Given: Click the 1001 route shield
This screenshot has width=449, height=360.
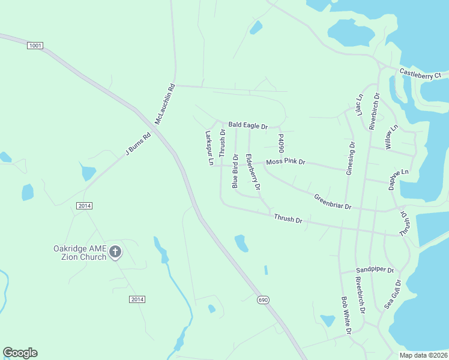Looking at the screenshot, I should pos(35,46).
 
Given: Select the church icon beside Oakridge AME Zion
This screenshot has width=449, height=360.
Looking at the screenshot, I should pos(115,253).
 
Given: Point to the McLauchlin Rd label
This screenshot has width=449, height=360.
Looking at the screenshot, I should pos(164,103).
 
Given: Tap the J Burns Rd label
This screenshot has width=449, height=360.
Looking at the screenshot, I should pos(137,143).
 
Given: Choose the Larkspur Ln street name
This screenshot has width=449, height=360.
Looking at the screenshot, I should pos(209,148).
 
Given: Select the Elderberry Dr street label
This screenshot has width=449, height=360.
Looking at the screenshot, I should pos(253,173).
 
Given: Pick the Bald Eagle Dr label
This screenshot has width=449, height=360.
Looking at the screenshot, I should pos(247,125).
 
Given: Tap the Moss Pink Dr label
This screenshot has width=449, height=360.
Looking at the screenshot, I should pos(286,162).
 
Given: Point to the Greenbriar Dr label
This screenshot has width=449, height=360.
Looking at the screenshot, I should pos(332,202).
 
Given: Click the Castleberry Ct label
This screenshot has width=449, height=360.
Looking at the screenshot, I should pos(420,74).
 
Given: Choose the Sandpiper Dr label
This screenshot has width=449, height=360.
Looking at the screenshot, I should pos(374,270).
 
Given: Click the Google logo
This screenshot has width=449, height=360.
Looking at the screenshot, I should pos(20,353).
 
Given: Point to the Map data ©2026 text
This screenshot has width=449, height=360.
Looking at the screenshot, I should pos(423,355).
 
